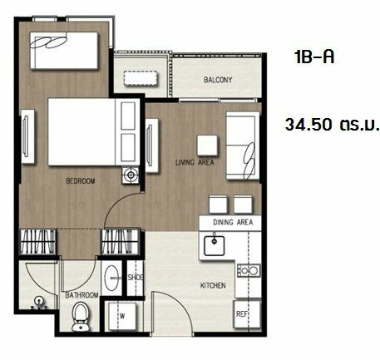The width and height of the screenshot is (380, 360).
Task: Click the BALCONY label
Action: coord(218,80)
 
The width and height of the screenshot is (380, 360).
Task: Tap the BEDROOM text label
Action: coord(81,181)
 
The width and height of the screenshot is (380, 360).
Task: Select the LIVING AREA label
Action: coord(195,162)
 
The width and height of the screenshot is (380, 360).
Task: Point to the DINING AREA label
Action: coord(233,222)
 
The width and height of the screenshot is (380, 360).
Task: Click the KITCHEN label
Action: coord(213,285)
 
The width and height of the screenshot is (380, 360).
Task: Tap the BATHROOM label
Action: coord(81,295)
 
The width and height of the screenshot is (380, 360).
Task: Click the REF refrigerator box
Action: coord(247,314)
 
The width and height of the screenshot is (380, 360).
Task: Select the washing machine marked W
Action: coord(122,316)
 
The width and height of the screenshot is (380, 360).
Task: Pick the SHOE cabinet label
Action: coord(136,277)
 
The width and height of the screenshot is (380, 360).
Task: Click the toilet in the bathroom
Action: coord(81,317)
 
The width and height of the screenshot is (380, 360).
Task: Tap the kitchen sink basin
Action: coord(215,245)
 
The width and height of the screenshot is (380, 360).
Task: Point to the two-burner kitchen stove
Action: coord(249,270)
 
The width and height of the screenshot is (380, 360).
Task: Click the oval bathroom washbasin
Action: coord(112,278)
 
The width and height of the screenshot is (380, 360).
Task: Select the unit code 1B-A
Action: coord(314,57)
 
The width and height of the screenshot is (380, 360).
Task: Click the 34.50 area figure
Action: coord(308,125)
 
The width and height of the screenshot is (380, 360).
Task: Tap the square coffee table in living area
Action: coord(207,145)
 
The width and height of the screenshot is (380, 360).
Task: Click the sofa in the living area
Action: coord(243,145)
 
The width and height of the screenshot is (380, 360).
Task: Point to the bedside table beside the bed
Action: coord(131,175)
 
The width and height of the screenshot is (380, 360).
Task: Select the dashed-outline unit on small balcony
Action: coord(141,79)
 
